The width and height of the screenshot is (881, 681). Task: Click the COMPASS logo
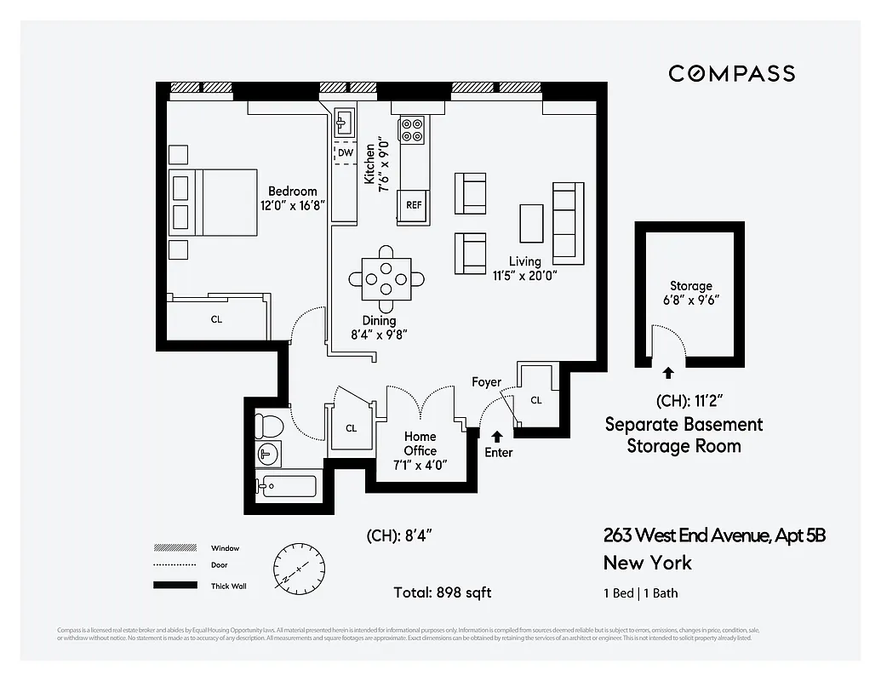tap(731, 74)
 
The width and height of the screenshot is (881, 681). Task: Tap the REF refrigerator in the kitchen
tap(414, 205)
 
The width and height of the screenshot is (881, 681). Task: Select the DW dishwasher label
tap(345, 152)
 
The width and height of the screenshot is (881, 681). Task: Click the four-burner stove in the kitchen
tap(413, 129)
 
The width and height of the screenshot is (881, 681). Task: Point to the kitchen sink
tap(345, 123)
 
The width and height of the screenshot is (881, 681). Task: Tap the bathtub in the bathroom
tap(288, 487)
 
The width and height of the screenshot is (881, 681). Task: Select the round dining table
tap(386, 278)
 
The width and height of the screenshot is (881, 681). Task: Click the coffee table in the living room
tap(532, 224)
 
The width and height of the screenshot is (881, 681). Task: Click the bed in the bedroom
tap(213, 202)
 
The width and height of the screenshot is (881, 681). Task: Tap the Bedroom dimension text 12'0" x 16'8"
tap(293, 205)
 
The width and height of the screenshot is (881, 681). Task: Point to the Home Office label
tap(420, 444)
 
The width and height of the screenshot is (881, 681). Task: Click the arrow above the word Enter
tap(497, 436)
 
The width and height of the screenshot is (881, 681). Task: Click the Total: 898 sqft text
tap(442, 592)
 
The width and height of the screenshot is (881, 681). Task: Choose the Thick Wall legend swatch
tap(174, 586)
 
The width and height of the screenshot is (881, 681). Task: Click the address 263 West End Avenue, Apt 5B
tap(714, 535)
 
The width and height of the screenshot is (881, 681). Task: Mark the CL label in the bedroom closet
tap(216, 319)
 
